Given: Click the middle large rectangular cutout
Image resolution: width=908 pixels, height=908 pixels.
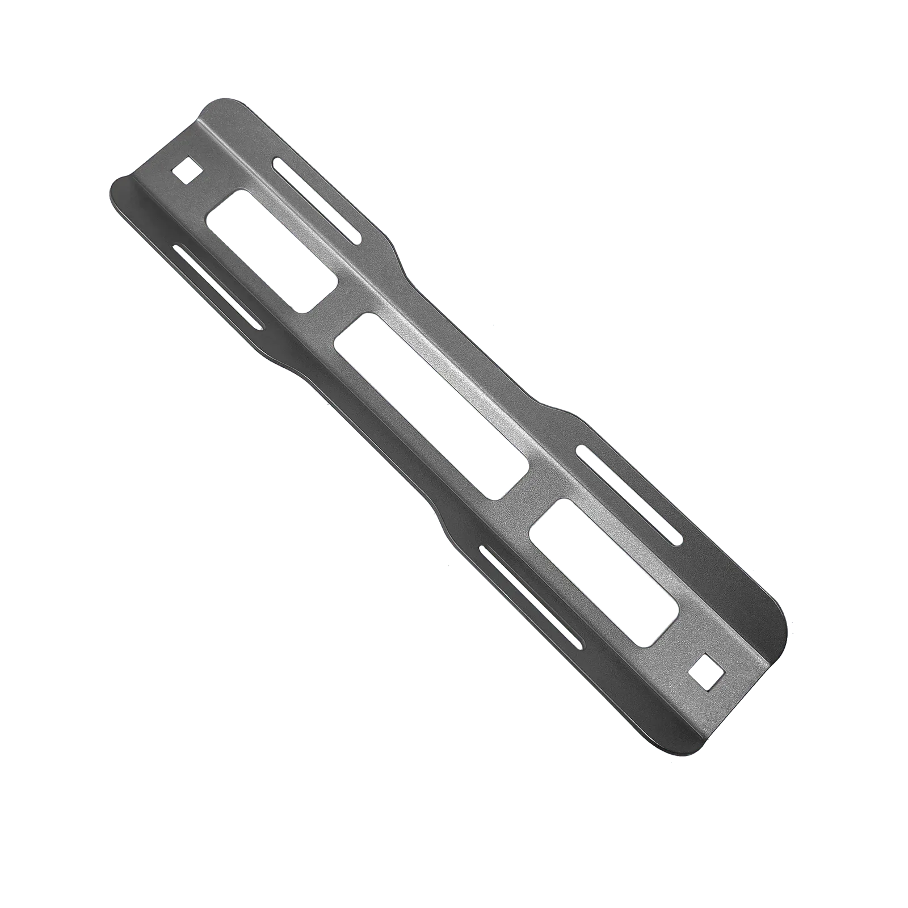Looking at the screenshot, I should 431,406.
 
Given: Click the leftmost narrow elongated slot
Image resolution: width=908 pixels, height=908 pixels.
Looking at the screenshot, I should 218,287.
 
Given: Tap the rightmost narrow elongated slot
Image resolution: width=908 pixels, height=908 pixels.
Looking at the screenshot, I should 628,494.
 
